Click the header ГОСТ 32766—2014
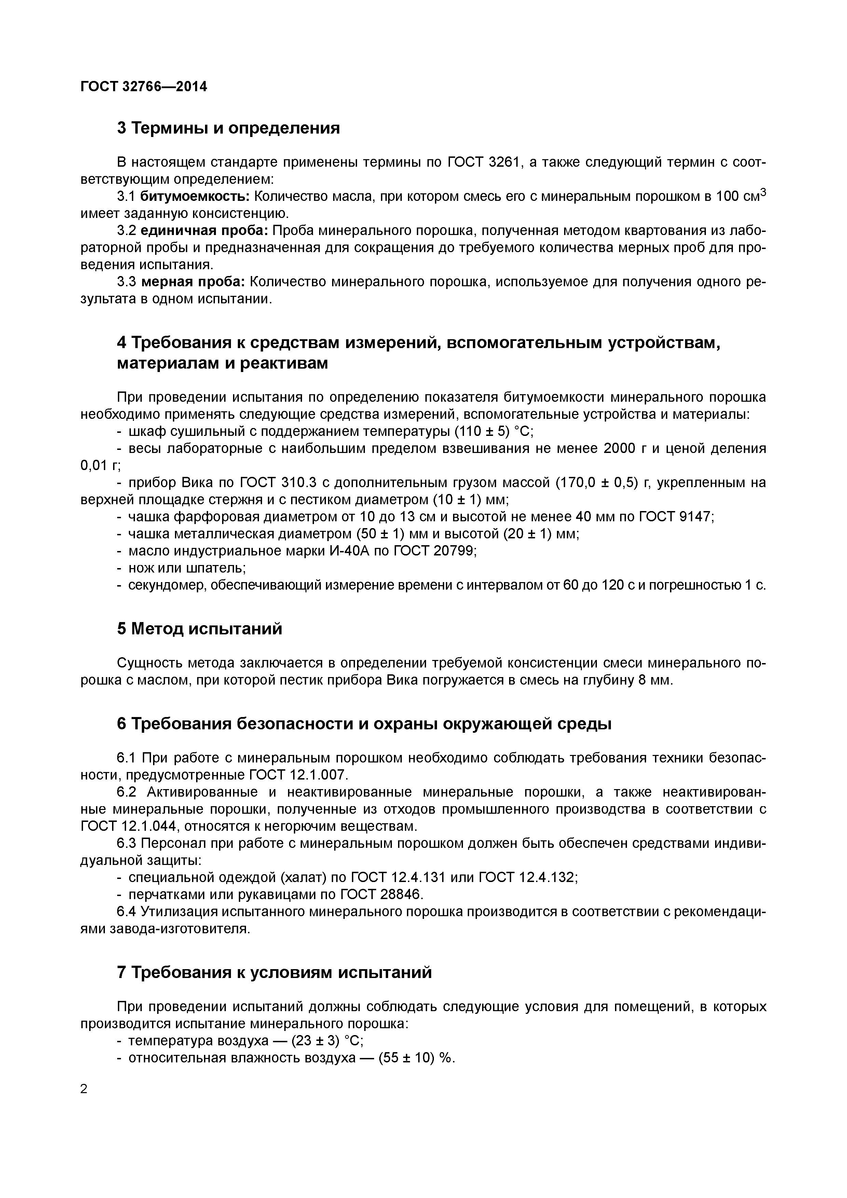[144, 87]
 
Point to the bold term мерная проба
[193, 282]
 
